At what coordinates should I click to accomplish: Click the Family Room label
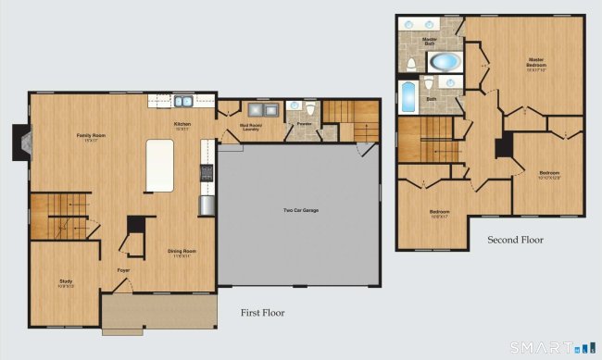click(x=91, y=137)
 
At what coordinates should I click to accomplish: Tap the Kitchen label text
click(x=182, y=126)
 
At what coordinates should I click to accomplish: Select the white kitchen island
click(x=160, y=166)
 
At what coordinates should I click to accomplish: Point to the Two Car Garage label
click(x=300, y=211)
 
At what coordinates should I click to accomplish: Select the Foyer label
click(x=123, y=270)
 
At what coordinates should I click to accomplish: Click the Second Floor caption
click(x=515, y=240)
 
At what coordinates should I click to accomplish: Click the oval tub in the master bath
click(x=445, y=62)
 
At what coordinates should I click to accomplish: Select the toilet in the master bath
click(x=409, y=64)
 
